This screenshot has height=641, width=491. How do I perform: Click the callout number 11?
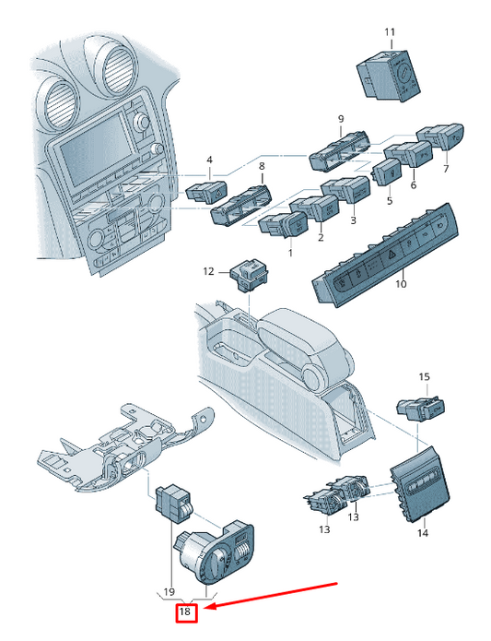click(x=390, y=32)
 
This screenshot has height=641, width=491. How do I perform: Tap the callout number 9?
click(x=341, y=119)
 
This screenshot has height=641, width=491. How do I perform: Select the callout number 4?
click(x=209, y=160)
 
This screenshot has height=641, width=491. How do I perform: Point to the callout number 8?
click(x=262, y=166)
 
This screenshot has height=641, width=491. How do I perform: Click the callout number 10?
click(x=402, y=283)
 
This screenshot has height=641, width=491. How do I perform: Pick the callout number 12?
click(x=208, y=271)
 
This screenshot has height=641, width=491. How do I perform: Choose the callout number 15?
click(x=425, y=377)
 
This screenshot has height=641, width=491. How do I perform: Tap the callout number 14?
click(x=423, y=533)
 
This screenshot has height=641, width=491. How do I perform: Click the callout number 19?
click(x=169, y=591)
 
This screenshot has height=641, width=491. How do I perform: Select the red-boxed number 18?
click(x=185, y=611)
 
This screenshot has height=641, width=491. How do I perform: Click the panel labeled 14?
click(x=419, y=485)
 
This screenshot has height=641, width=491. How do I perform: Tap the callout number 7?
click(x=446, y=169)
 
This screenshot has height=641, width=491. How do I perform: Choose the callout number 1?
click(x=290, y=253)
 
